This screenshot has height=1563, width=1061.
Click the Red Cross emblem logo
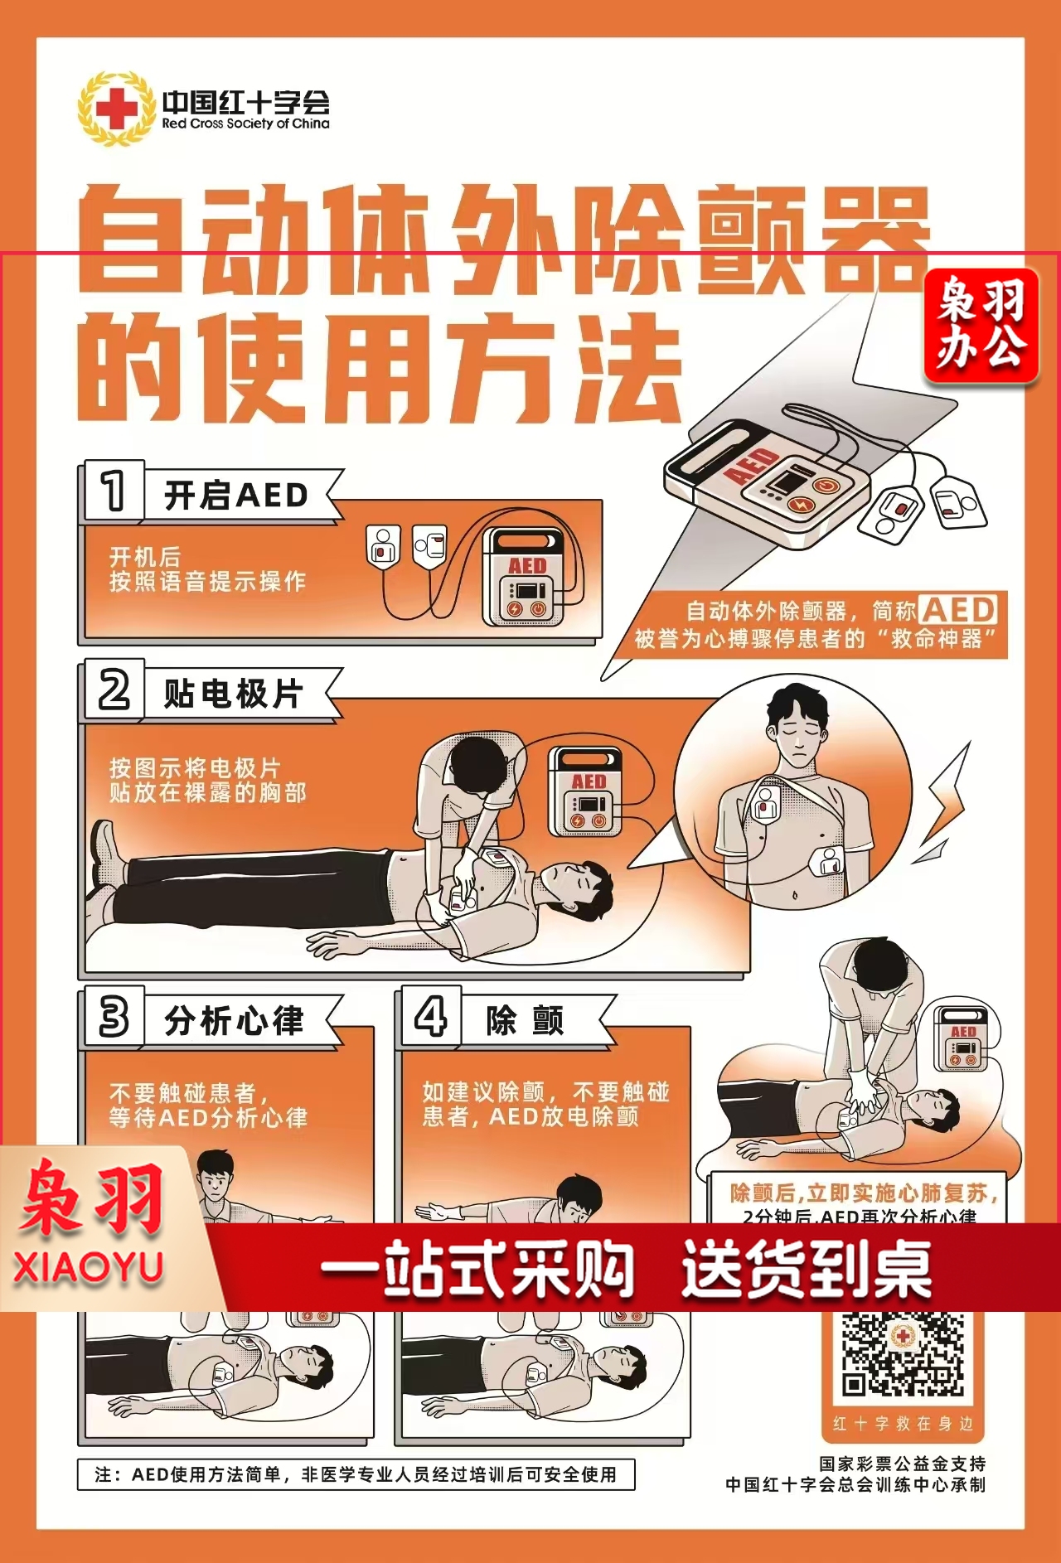click(x=117, y=109)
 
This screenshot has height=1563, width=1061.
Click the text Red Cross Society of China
click(x=245, y=123)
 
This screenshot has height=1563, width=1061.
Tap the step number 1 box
click(x=114, y=491)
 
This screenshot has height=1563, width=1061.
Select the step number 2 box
click(x=114, y=690)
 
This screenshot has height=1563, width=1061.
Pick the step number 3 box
click(x=114, y=1016)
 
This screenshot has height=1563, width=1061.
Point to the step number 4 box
click(x=430, y=1016)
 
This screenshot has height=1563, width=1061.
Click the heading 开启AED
click(x=236, y=496)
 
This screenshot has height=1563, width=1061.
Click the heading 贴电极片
click(x=234, y=694)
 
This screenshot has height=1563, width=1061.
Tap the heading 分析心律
click(x=235, y=1020)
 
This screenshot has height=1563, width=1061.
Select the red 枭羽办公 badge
click(x=981, y=326)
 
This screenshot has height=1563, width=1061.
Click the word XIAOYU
click(x=88, y=1269)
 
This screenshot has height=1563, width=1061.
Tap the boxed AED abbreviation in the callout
click(x=958, y=610)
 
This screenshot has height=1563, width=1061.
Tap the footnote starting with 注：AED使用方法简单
click(x=356, y=1474)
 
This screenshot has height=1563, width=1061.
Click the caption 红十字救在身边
click(x=903, y=1424)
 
